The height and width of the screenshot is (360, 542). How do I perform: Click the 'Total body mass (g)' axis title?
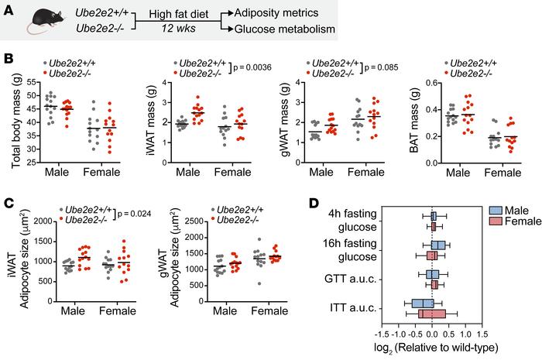pos(12,123)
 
